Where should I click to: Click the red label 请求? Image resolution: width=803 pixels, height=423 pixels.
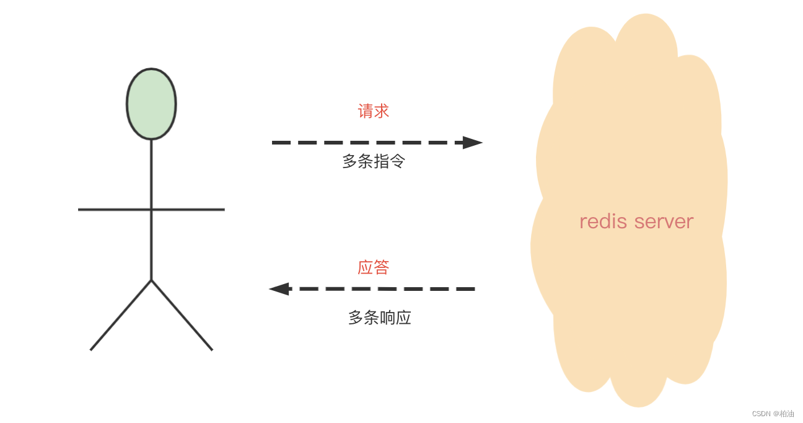pos(373,112)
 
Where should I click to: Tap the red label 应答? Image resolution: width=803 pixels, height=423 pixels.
pos(373,267)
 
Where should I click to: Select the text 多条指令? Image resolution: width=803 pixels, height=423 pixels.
pos(374,162)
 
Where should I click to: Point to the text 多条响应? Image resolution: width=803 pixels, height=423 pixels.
pos(379,318)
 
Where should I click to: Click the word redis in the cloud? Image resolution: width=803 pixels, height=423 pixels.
pos(600,221)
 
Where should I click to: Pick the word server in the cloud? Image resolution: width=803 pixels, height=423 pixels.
pos(664,221)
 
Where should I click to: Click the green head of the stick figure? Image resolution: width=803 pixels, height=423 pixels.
pos(151,104)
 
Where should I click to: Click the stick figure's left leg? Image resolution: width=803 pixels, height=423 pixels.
pos(121,315)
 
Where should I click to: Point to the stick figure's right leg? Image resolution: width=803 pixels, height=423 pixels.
pos(182,315)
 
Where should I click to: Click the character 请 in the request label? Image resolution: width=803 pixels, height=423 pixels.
pos(366,112)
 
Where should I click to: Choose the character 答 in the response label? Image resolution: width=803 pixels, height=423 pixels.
pos(381,267)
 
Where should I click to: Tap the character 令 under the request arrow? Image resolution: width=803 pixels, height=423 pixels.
pos(397,162)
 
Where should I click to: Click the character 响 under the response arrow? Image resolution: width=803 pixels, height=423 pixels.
pos(387,318)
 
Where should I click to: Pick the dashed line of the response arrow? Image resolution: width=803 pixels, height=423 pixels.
pos(384,289)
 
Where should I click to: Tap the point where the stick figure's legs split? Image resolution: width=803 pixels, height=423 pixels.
pos(151,280)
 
